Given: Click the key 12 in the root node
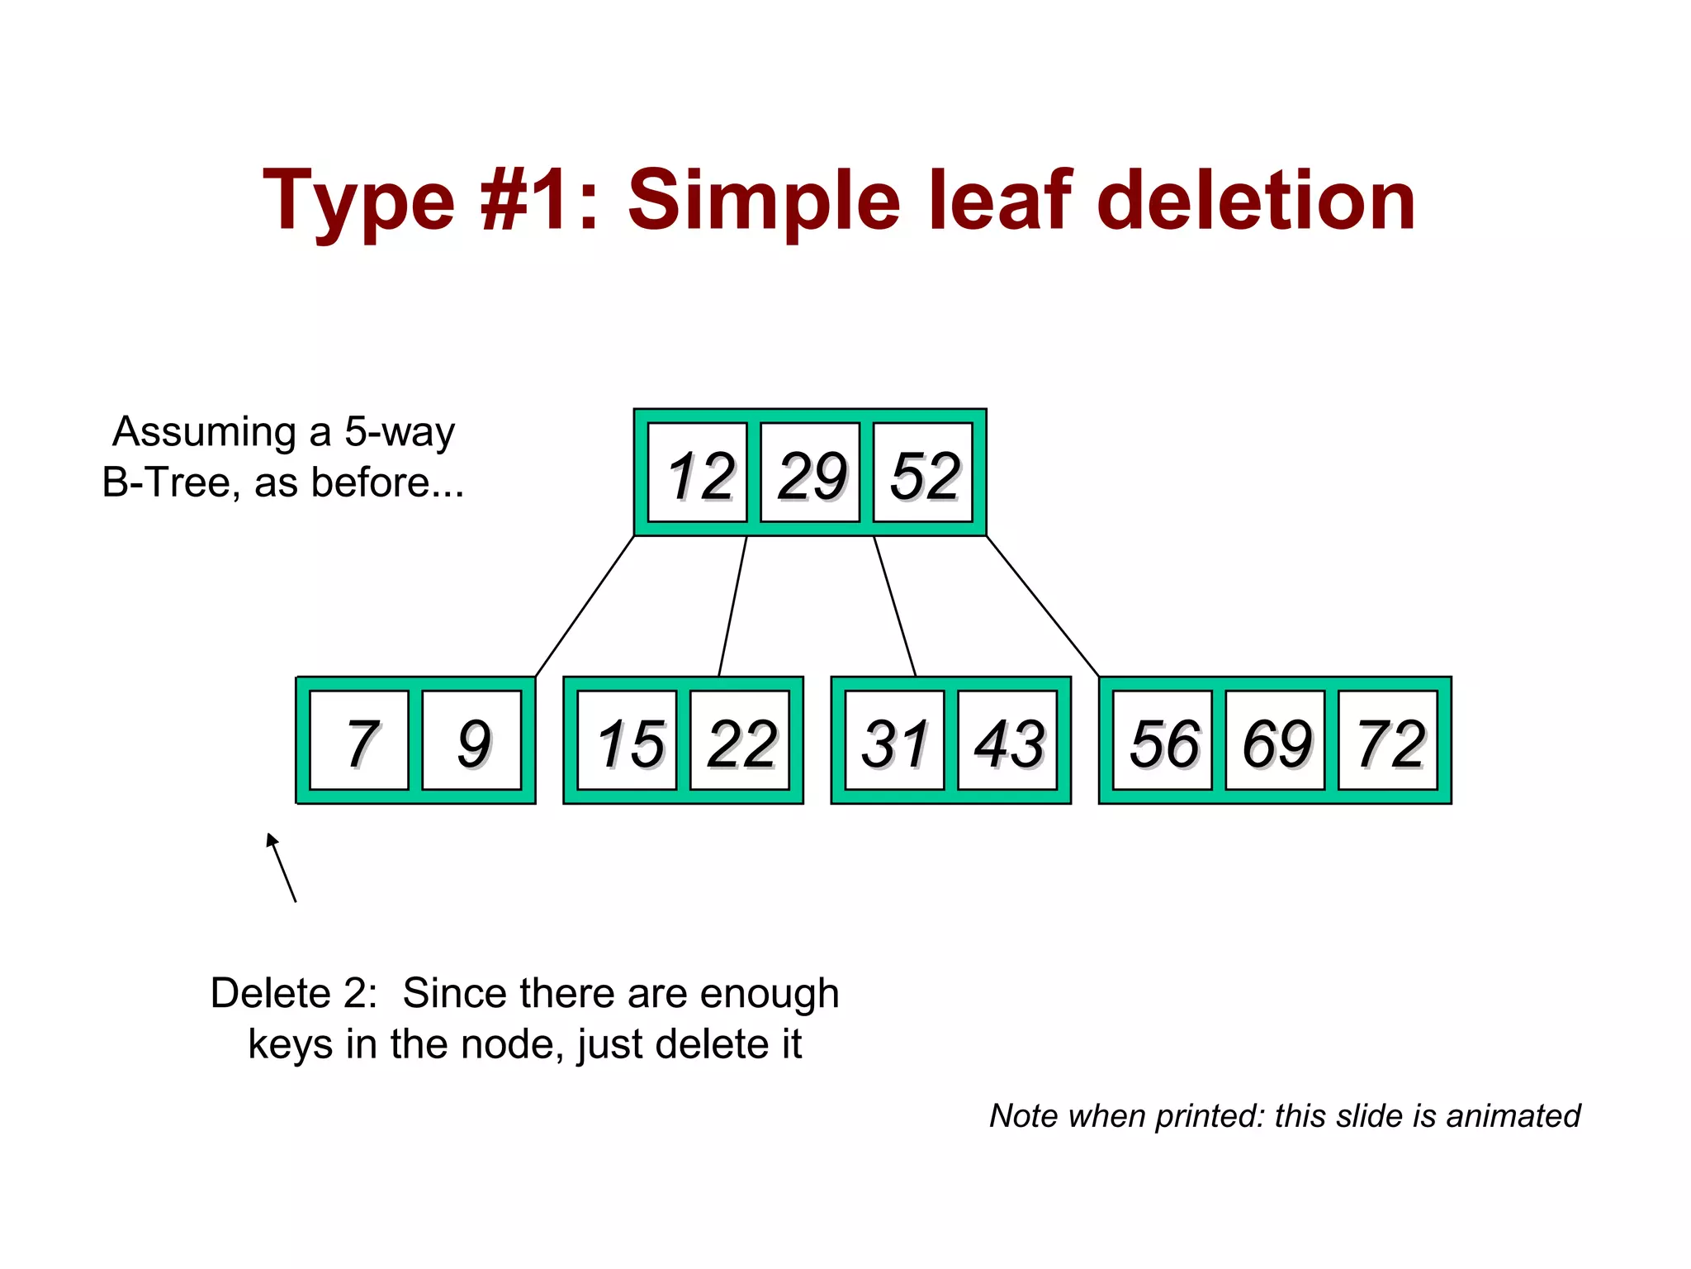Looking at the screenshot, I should point(698,473).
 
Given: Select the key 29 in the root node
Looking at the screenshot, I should point(810,473).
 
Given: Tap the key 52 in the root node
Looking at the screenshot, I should point(923,473).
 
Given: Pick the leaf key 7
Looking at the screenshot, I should point(359,741).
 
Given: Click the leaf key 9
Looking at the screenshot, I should point(471,741).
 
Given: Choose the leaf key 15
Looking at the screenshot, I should point(628,741).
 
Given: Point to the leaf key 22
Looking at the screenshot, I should point(740,741).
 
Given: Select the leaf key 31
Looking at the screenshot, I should point(895,741).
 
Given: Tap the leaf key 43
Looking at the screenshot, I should point(1007,741).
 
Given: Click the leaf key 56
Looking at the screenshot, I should point(1163,741).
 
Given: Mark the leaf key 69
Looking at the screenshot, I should point(1276,741).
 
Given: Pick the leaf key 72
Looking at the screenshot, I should point(1388,741).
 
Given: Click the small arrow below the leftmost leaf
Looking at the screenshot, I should point(281,867).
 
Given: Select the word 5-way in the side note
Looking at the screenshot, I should point(400,432).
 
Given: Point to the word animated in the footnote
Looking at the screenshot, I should point(1513,1115).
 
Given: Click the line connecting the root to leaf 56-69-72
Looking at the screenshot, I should point(1043,606).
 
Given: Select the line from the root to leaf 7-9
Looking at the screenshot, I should point(585,606).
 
